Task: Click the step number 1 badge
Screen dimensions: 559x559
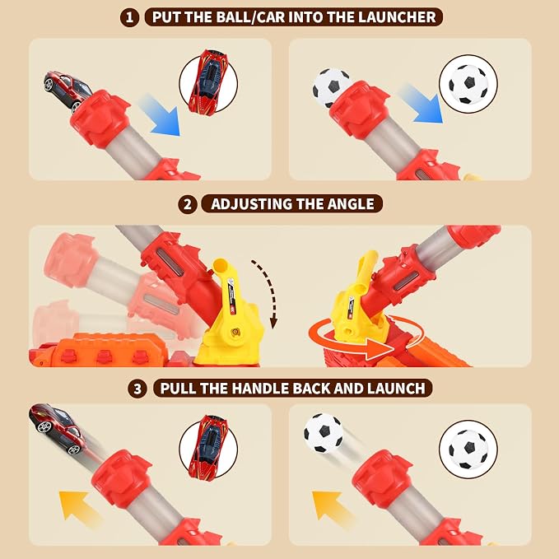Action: [129, 17]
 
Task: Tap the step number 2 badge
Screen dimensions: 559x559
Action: [187, 205]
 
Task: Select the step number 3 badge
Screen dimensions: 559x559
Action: [137, 389]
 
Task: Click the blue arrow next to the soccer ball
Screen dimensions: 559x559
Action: [421, 103]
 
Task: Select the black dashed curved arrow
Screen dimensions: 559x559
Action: [267, 293]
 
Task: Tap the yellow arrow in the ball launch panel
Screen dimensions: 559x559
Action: [331, 506]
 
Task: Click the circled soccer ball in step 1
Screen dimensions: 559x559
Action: [468, 84]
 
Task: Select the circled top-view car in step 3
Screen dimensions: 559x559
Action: [208, 448]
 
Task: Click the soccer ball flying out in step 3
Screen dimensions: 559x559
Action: [324, 433]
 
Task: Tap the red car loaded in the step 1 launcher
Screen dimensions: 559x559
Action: [68, 90]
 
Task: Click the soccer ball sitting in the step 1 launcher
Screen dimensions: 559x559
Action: [330, 87]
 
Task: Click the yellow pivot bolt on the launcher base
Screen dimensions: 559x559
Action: [235, 333]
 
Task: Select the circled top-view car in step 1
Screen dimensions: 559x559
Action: [208, 82]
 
